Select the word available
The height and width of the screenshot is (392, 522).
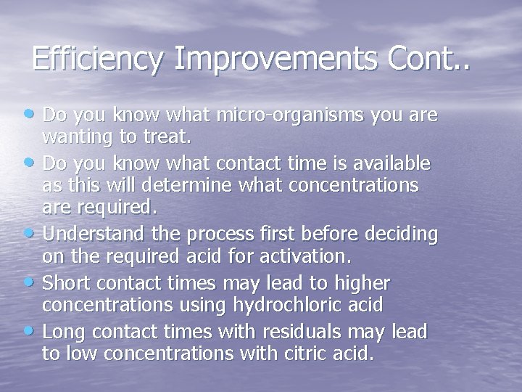[x=386, y=163]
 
